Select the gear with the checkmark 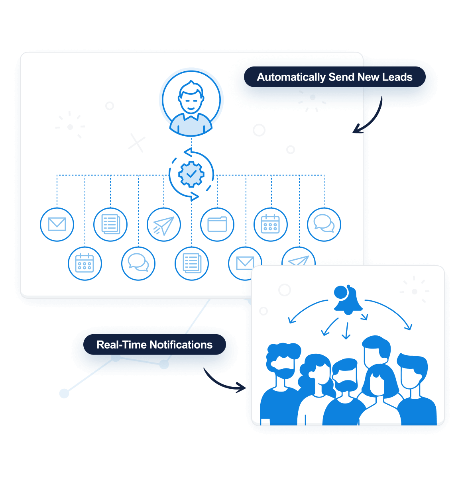[x=191, y=174]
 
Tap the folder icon [x=217, y=224]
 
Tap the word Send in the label [x=341, y=77]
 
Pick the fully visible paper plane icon [x=164, y=225]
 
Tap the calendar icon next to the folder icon [x=271, y=224]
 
